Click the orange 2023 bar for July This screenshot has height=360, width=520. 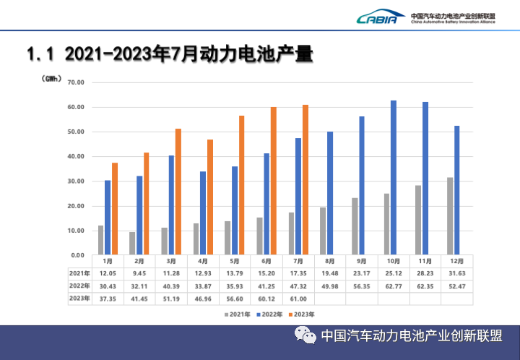pyautogui.click(x=305, y=179)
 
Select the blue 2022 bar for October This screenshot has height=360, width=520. pyautogui.click(x=394, y=177)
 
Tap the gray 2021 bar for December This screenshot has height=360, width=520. pyautogui.click(x=450, y=215)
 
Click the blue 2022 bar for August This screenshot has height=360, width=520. pyautogui.click(x=330, y=193)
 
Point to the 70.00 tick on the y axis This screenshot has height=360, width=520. pyautogui.click(x=75, y=82)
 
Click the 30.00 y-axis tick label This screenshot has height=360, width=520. pyautogui.click(x=75, y=181)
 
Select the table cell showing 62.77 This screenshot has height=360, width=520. pyautogui.click(x=394, y=285)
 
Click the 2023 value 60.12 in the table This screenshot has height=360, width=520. pyautogui.click(x=266, y=299)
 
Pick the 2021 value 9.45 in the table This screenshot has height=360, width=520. pyautogui.click(x=139, y=273)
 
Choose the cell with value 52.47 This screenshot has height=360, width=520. pyautogui.click(x=457, y=285)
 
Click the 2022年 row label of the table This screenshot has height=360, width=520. pyautogui.click(x=80, y=285)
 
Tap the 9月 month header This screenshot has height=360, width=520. pyautogui.click(x=362, y=260)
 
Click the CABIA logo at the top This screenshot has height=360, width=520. pyautogui.click(x=377, y=17)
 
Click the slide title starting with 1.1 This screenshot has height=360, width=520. pyautogui.click(x=169, y=54)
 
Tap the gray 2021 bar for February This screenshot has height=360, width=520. pyautogui.click(x=131, y=243)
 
